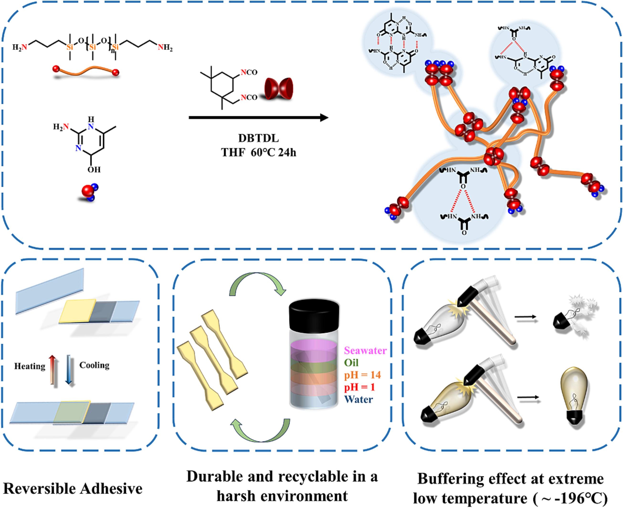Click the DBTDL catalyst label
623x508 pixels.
pyautogui.click(x=258, y=138)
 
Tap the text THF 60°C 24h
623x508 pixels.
pyautogui.click(x=258, y=152)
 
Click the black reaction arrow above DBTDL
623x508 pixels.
pyautogui.click(x=258, y=118)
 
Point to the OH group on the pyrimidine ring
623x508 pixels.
pyautogui.click(x=94, y=169)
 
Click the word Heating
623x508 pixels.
pyautogui.click(x=30, y=366)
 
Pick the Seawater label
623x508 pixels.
pyautogui.click(x=365, y=350)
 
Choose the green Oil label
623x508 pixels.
pyautogui.click(x=351, y=363)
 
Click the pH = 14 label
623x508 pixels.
pyautogui.click(x=362, y=375)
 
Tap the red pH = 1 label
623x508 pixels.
pyautogui.click(x=359, y=387)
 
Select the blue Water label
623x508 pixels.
pyautogui.click(x=359, y=400)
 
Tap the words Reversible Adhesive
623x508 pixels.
pyautogui.click(x=73, y=489)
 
